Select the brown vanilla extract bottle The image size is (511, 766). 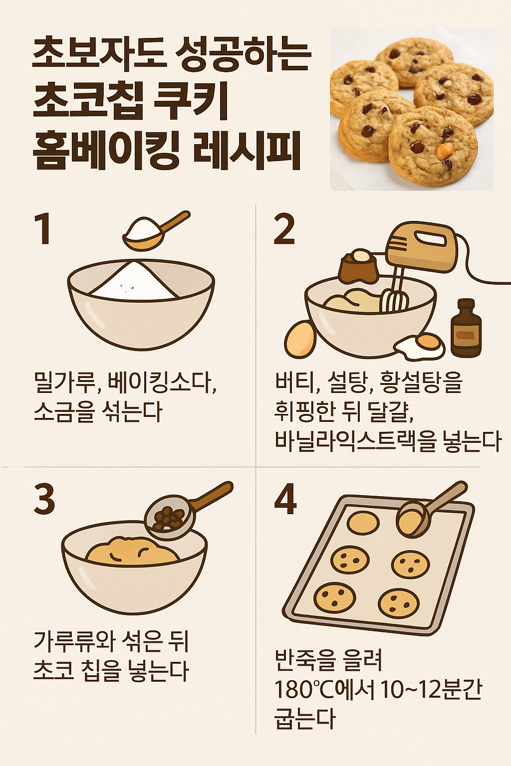tap(466, 330)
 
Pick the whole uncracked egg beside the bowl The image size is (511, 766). tap(300, 339)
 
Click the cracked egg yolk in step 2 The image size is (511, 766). tap(428, 342)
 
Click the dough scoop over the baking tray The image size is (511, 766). tap(413, 519)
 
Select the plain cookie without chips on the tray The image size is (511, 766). tap(363, 522)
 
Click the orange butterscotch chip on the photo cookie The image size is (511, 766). tap(444, 151)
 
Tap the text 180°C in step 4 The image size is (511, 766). tap(304, 690)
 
